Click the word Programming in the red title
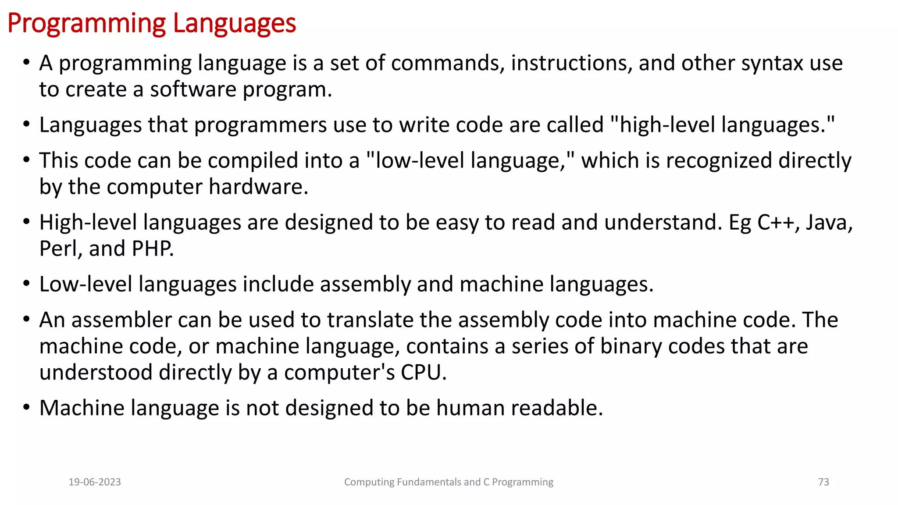(x=87, y=24)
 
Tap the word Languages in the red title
(x=235, y=24)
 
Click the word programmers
(x=260, y=125)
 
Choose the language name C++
(x=775, y=223)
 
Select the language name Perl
(x=58, y=249)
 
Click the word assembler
(x=121, y=320)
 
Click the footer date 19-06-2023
(x=95, y=482)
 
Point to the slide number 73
(x=823, y=482)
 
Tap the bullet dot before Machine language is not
(x=27, y=408)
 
